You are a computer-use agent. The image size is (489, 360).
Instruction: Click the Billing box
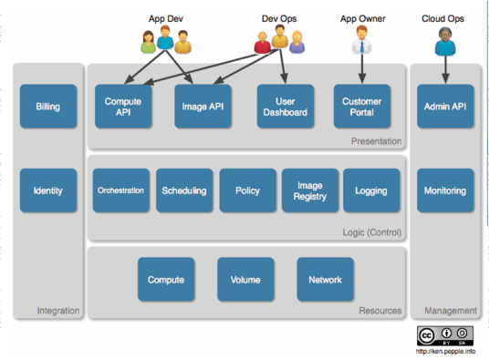(x=48, y=106)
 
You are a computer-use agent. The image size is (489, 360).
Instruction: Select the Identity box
(x=48, y=190)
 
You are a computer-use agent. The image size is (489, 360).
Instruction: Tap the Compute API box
(x=122, y=106)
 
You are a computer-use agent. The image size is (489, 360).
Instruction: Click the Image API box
(x=201, y=106)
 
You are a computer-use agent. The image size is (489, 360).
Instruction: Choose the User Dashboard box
(x=283, y=106)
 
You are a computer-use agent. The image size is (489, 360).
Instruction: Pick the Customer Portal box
(x=362, y=106)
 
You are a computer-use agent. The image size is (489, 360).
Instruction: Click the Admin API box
(x=445, y=106)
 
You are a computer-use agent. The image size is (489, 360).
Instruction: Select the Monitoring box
(x=445, y=190)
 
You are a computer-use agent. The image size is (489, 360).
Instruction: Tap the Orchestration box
(x=120, y=190)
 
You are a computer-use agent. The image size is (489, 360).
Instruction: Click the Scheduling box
(x=184, y=190)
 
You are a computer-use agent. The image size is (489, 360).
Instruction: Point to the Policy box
(x=247, y=190)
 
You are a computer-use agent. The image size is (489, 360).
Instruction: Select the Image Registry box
(x=310, y=190)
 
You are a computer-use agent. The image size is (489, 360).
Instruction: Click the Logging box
(x=371, y=190)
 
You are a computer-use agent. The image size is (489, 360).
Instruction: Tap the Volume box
(x=245, y=280)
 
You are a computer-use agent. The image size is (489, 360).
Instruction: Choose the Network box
(x=326, y=280)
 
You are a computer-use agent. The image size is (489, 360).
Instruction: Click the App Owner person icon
(x=362, y=40)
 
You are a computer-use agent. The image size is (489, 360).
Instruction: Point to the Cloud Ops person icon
(x=445, y=40)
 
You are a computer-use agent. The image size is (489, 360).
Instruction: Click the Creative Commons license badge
(x=445, y=335)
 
